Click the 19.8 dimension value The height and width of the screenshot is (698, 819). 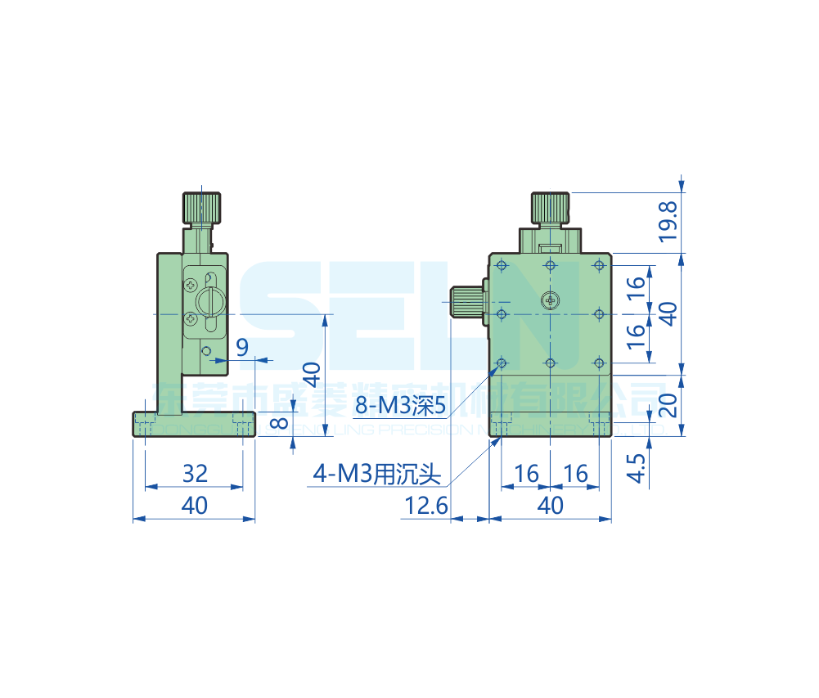tap(667, 222)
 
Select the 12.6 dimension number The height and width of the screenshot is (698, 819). tap(425, 507)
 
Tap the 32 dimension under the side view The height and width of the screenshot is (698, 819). tap(195, 473)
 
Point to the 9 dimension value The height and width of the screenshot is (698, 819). tap(242, 347)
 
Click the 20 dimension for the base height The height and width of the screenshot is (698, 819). tap(668, 405)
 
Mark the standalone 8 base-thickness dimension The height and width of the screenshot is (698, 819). tap(279, 423)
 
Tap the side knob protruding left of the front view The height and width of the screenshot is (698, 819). tap(467, 302)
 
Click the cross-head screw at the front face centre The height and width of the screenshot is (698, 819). tap(551, 301)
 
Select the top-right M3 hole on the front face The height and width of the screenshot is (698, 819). tap(600, 265)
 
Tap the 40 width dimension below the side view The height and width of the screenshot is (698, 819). tap(194, 506)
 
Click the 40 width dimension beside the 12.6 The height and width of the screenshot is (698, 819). tap(551, 506)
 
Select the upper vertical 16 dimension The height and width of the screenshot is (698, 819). tap(636, 287)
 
